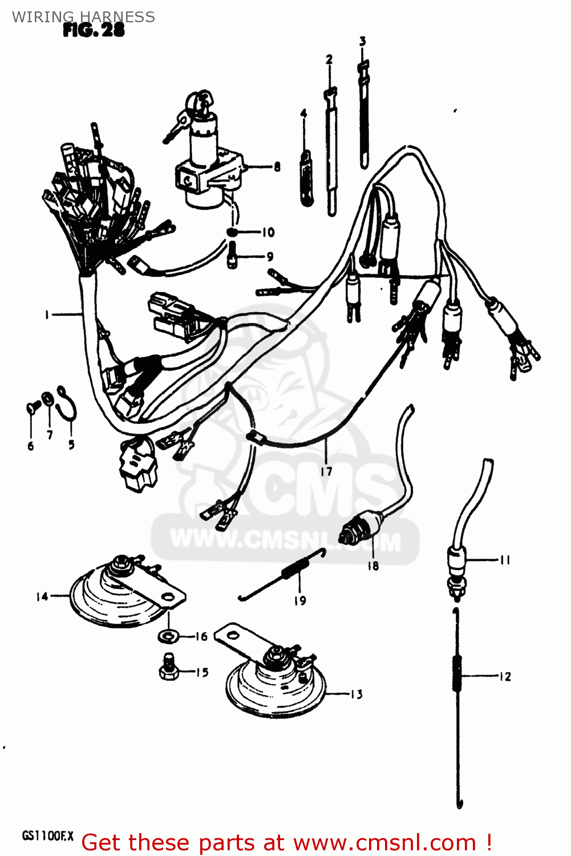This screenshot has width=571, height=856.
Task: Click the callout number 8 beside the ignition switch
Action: pos(277,167)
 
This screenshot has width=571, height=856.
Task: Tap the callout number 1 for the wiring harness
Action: pos(47,314)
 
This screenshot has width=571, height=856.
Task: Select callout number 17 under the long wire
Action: pos(326,471)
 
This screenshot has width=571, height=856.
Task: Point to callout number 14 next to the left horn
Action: pos(42,596)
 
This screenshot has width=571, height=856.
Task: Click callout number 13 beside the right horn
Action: pos(357,695)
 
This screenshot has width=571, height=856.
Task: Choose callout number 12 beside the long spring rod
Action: pos(505,677)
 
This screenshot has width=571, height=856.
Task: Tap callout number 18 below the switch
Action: pos(372,566)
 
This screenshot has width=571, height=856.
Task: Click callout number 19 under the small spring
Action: pos(300,600)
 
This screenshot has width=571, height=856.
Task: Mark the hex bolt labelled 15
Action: pos(168,667)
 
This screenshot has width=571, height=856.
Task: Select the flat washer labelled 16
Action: pos(168,635)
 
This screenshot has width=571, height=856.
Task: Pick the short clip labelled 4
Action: pos(306,177)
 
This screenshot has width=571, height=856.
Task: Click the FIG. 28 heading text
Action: pos(94,30)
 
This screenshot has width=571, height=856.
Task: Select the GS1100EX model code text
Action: pos(48,836)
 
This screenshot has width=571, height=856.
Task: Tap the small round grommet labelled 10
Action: pos(232,232)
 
